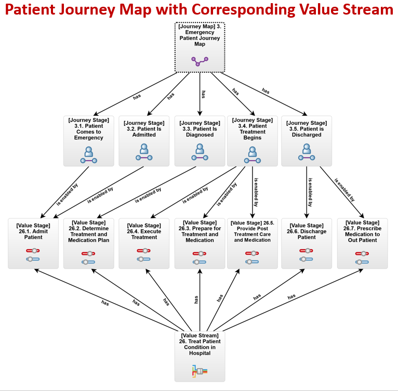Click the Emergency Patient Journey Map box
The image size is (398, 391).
point(200,47)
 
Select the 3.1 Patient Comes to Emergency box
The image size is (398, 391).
point(89,140)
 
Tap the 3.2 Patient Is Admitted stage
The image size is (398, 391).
point(144,140)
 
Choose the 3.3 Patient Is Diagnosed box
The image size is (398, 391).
point(200,140)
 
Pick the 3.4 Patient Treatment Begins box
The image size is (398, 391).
point(252,140)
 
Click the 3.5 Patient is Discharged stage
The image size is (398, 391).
point(306,140)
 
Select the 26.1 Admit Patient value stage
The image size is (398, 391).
point(33,243)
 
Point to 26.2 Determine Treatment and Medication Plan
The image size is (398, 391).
point(89,243)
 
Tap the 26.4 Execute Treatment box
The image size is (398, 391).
point(144,243)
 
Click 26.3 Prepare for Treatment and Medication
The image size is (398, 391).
point(200,243)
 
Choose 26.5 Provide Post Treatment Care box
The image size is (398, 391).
point(252,243)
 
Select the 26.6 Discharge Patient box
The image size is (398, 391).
point(306,243)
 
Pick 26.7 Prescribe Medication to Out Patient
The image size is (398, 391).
point(362,243)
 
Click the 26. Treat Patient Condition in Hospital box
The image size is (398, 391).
point(200,356)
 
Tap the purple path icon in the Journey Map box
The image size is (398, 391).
point(200,61)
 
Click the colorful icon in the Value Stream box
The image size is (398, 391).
point(200,371)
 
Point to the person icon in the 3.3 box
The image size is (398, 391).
point(200,153)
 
